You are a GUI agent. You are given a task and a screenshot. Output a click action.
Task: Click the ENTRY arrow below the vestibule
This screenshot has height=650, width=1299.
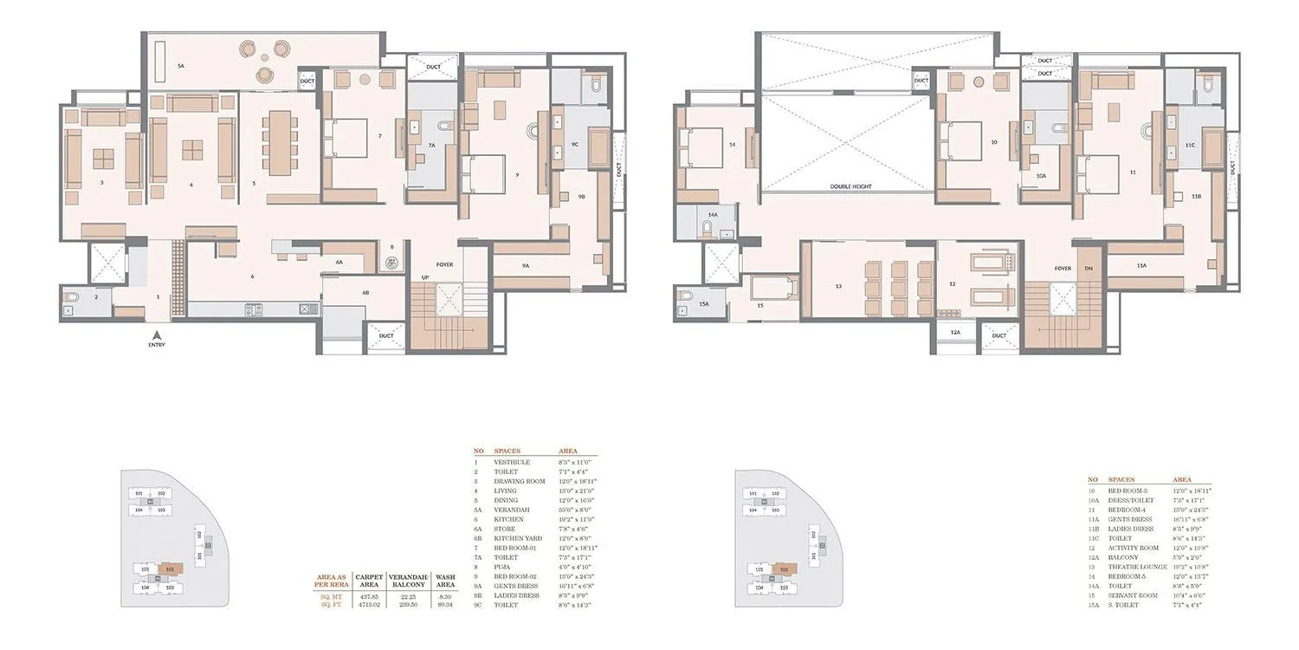pyautogui.click(x=157, y=335)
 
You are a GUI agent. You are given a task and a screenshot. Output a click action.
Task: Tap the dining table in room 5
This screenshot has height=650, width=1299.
pyautogui.click(x=278, y=141)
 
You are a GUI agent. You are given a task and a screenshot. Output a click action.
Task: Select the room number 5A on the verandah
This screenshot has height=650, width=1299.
pyautogui.click(x=181, y=66)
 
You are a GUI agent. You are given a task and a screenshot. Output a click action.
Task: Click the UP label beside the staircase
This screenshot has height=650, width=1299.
pyautogui.click(x=424, y=277)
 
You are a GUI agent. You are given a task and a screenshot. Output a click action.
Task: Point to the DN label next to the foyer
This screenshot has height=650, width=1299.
pyautogui.click(x=1089, y=269)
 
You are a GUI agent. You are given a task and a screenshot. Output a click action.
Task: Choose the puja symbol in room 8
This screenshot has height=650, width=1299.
pyautogui.click(x=391, y=262)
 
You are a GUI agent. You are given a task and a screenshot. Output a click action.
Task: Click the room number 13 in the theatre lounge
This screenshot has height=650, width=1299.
pyautogui.click(x=838, y=285)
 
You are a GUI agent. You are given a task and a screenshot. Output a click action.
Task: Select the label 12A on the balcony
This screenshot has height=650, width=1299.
pyautogui.click(x=954, y=331)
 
